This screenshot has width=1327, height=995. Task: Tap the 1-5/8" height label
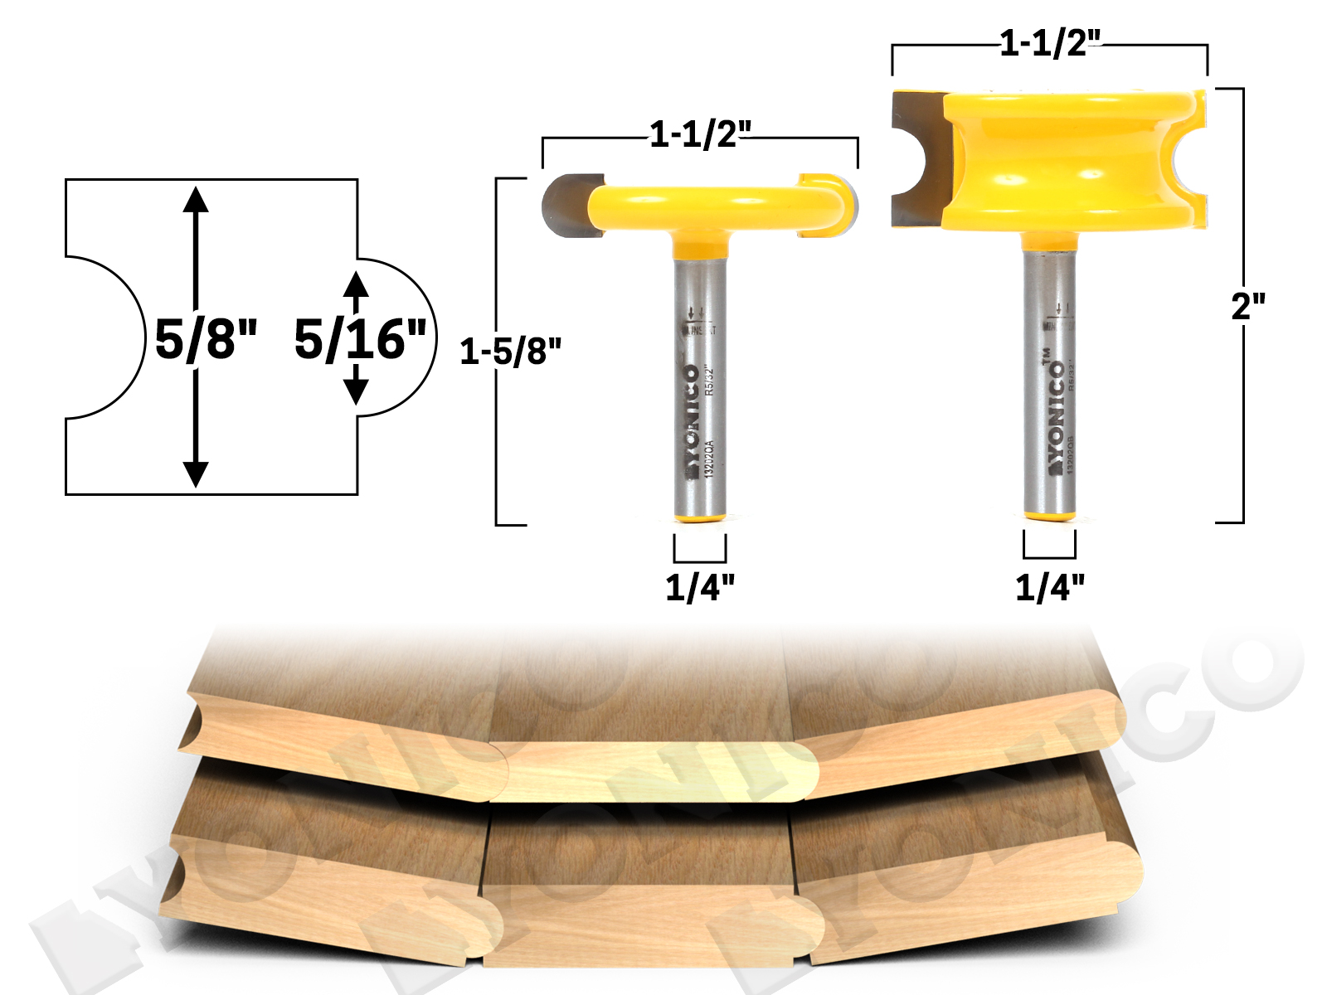pyautogui.click(x=510, y=352)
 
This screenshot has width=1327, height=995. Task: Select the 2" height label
pyautogui.click(x=1248, y=307)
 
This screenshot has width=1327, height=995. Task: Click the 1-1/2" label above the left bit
pyautogui.click(x=700, y=134)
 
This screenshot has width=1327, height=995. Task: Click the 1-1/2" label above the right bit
pyautogui.click(x=1050, y=43)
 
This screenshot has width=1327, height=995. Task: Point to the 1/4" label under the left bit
pyautogui.click(x=700, y=587)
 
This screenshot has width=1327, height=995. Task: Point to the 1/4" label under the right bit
pyautogui.click(x=1050, y=587)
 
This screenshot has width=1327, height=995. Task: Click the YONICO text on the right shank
pyautogui.click(x=1055, y=415)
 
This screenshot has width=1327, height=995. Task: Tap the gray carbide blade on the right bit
pyautogui.click(x=919, y=158)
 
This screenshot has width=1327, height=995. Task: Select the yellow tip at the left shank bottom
pyautogui.click(x=700, y=518)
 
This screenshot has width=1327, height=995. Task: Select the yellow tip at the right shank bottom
pyautogui.click(x=1050, y=516)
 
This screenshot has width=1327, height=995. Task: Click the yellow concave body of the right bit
pyautogui.click(x=1070, y=158)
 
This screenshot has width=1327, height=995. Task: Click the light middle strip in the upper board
pyautogui.click(x=655, y=771)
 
